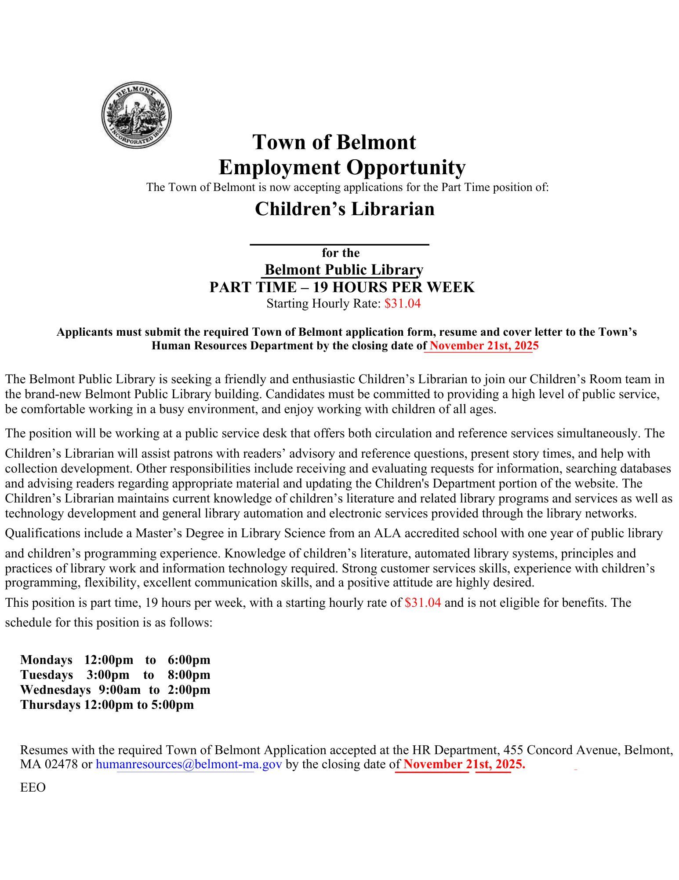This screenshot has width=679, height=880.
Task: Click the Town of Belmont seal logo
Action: [136, 116]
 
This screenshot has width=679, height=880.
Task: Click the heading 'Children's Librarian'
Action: [345, 209]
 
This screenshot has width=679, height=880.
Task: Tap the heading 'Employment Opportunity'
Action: [342, 167]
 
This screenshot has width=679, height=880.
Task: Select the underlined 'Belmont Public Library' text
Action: [344, 269]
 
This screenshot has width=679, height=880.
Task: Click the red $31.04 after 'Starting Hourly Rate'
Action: [402, 304]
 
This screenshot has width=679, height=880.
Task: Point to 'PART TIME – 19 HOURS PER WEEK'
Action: [342, 287]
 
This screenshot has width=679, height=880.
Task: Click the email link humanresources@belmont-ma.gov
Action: [189, 764]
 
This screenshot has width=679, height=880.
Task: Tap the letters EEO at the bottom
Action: [33, 787]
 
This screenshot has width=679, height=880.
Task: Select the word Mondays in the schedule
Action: [46, 660]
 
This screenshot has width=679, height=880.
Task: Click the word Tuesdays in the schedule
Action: [47, 675]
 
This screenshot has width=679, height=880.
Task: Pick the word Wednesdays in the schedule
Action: [55, 689]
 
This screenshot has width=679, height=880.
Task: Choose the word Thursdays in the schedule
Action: [49, 704]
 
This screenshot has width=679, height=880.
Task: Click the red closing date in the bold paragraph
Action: [483, 345]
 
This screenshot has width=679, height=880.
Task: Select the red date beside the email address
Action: [464, 764]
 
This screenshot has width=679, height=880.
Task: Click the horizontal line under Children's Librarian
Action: [339, 244]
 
